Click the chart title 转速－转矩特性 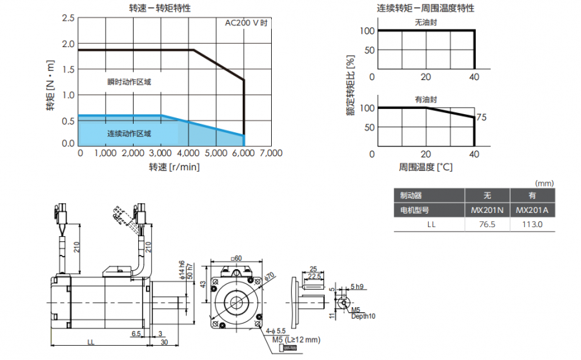pos(160,8)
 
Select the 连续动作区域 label pos(129,134)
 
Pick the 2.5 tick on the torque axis pos(68,17)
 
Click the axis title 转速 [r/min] pos(174,167)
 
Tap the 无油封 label pos(426,22)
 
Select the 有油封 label pos(426,99)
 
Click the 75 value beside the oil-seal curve pos(481,118)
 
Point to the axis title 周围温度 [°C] pos(425,167)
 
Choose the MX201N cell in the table pos(487,210)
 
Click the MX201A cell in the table pos(532,210)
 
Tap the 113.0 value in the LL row pos(532,225)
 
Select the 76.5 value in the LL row pos(487,225)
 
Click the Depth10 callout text pos(363,316)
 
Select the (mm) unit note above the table pos(544,183)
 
